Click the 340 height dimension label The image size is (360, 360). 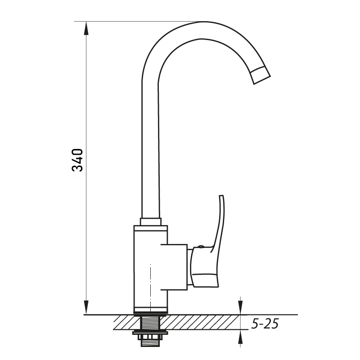coord(77,160)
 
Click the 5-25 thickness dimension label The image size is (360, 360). coord(265,324)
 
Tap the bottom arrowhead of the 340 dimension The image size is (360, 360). coord(86,307)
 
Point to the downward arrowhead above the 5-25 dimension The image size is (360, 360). coord(240,308)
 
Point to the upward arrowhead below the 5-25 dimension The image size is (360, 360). coord(240,337)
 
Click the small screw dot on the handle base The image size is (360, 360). coord(200,247)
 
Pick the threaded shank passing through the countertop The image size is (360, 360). coord(151,323)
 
